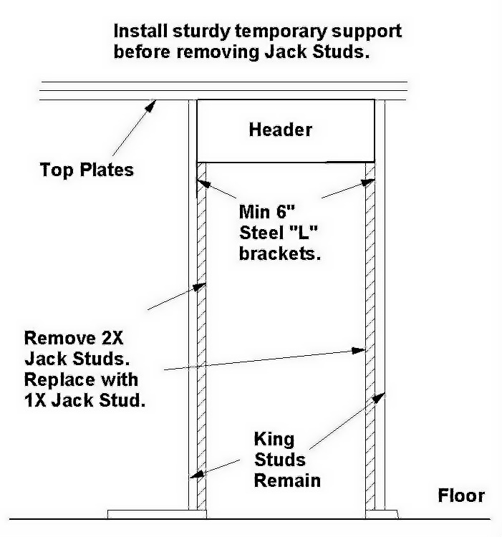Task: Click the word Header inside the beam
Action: click(281, 130)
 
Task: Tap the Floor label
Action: click(461, 495)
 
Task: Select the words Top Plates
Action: click(87, 170)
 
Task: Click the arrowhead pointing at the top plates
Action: click(150, 105)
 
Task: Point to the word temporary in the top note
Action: click(281, 32)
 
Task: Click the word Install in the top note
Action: click(141, 31)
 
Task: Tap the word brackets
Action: click(280, 253)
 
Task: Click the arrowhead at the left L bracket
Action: click(204, 184)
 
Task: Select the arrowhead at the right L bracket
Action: click(368, 183)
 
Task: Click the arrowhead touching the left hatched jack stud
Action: click(200, 286)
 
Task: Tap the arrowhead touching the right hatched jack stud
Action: click(359, 350)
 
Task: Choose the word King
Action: click(274, 440)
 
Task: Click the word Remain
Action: click(287, 480)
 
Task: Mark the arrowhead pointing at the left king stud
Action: click(197, 474)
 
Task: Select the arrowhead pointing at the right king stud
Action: click(379, 398)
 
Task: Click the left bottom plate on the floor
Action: click(157, 514)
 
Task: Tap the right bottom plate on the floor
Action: click(382, 514)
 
